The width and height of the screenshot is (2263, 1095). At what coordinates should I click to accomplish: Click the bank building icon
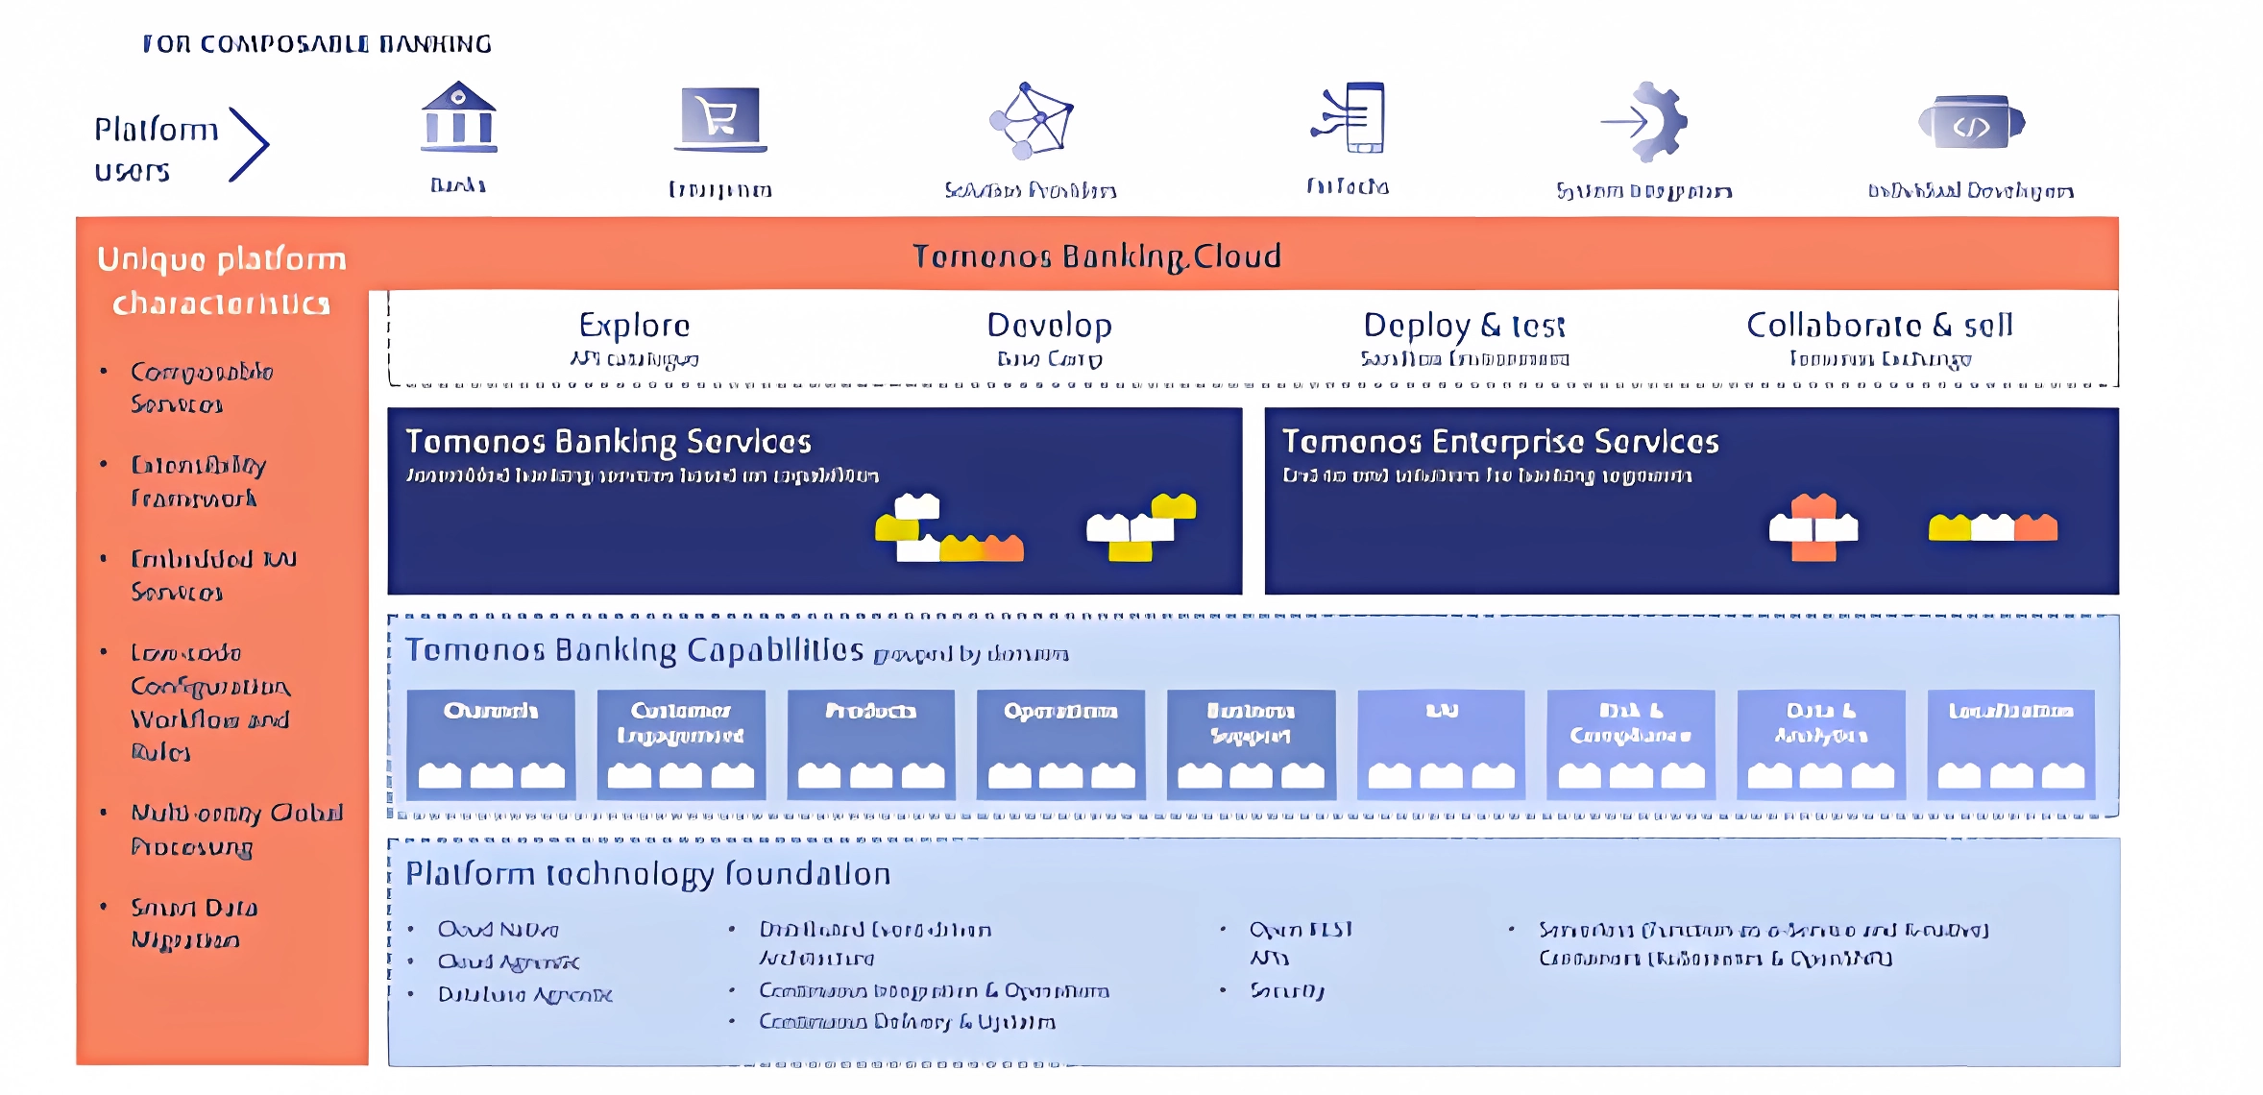(459, 117)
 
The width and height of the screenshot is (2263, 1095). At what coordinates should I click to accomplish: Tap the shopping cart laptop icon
(720, 119)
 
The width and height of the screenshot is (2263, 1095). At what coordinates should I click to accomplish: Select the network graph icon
(1032, 120)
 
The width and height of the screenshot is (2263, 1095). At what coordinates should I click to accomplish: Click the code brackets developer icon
(1971, 123)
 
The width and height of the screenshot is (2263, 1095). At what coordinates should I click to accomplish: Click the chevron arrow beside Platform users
(249, 144)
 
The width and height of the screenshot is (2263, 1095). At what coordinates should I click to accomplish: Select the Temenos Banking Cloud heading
(1096, 256)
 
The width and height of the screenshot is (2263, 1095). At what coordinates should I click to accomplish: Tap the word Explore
(634, 326)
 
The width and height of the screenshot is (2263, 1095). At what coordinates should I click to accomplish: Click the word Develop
(1049, 326)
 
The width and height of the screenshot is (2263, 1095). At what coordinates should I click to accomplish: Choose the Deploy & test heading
(1464, 326)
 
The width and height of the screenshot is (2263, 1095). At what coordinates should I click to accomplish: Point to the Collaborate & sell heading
(1879, 326)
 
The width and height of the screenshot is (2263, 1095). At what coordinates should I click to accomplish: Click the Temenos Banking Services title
(608, 442)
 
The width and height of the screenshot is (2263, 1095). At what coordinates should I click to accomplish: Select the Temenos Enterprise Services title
(1500, 442)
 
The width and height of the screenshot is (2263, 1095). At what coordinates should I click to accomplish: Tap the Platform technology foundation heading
(648, 874)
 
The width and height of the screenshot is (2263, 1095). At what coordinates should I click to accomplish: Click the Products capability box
(871, 744)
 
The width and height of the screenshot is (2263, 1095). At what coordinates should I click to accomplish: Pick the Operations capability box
(1060, 744)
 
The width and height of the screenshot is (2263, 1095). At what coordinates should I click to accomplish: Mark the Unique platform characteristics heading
(222, 280)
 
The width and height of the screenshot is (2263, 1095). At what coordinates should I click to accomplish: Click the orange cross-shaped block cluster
(1813, 527)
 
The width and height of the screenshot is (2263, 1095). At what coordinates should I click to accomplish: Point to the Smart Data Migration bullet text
(194, 923)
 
